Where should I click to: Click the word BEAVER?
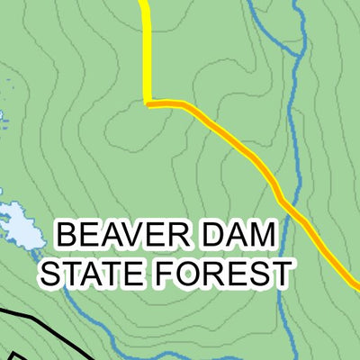[x=122, y=237]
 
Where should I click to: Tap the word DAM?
[x=232, y=237]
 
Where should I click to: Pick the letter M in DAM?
[x=258, y=237]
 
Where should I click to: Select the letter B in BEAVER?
[x=67, y=237]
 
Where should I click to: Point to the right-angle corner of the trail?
[x=147, y=103]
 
